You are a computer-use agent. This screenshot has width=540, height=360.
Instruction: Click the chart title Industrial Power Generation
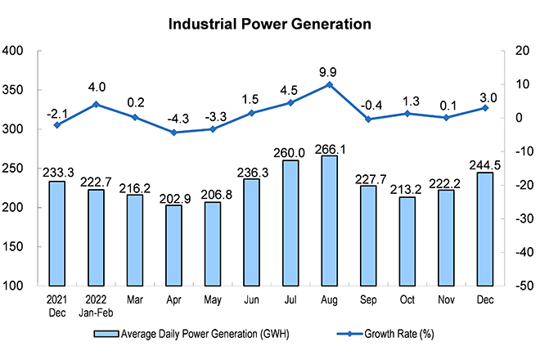point(270,24)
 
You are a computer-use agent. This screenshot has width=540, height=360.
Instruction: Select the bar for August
point(329,221)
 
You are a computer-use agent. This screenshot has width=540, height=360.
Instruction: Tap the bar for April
point(174,245)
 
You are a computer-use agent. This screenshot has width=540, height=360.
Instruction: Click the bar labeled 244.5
point(484,229)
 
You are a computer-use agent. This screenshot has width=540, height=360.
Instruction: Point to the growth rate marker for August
point(329,84)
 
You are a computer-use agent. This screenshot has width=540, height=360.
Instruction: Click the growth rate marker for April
point(174,132)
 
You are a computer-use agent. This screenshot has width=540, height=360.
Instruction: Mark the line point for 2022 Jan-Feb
point(96,104)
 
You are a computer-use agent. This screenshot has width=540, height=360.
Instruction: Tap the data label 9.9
point(329,70)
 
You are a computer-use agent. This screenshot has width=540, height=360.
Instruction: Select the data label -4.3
point(174,118)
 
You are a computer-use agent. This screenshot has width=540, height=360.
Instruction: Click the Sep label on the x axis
point(367,300)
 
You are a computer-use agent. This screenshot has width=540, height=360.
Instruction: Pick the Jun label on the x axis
point(251,300)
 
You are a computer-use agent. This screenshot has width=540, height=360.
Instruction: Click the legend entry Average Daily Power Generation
point(192,334)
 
